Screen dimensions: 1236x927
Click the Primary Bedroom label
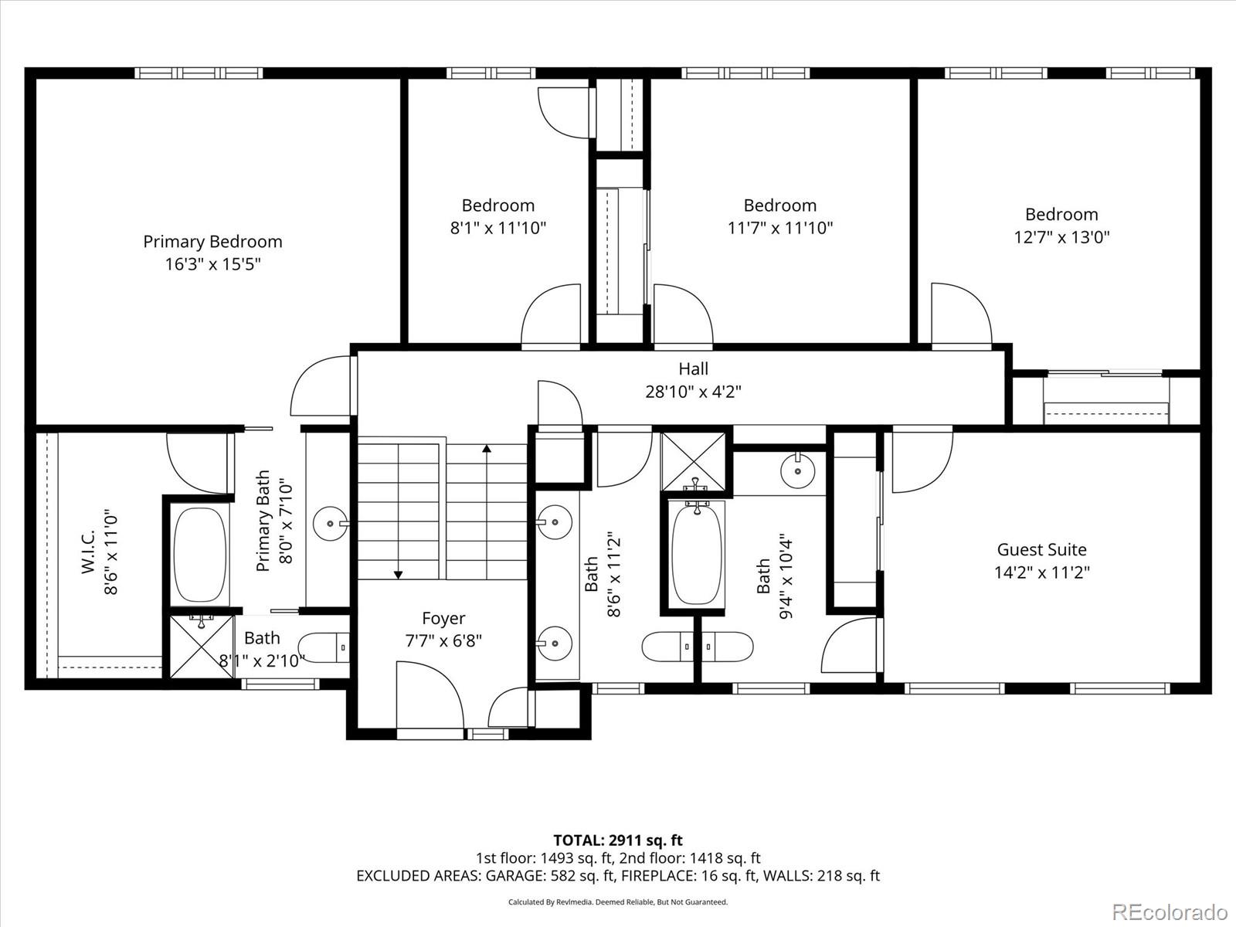pyautogui.click(x=212, y=242)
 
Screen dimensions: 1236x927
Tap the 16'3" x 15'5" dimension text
pyautogui.click(x=213, y=264)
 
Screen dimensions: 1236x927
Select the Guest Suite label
pyautogui.click(x=1042, y=549)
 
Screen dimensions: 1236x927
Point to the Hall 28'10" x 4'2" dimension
pyautogui.click(x=693, y=391)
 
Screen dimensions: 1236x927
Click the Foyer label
pyautogui.click(x=443, y=618)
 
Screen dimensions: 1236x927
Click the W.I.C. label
pyautogui.click(x=88, y=552)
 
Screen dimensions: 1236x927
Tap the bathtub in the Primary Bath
pyautogui.click(x=200, y=555)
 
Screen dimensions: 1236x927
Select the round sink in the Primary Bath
pyautogui.click(x=330, y=524)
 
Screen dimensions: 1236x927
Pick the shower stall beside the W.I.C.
pyautogui.click(x=202, y=647)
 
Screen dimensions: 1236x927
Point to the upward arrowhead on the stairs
pyautogui.click(x=487, y=448)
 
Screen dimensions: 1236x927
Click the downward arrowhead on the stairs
pyautogui.click(x=398, y=575)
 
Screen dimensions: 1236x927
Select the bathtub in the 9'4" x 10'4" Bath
pyautogui.click(x=697, y=554)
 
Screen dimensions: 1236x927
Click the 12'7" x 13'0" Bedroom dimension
pyautogui.click(x=1061, y=237)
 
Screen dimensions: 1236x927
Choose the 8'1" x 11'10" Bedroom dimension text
pyautogui.click(x=498, y=228)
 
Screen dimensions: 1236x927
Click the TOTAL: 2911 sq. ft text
pyautogui.click(x=618, y=840)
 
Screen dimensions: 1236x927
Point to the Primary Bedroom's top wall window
pyautogui.click(x=199, y=73)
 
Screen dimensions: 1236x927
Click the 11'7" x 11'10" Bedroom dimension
pyautogui.click(x=780, y=228)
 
